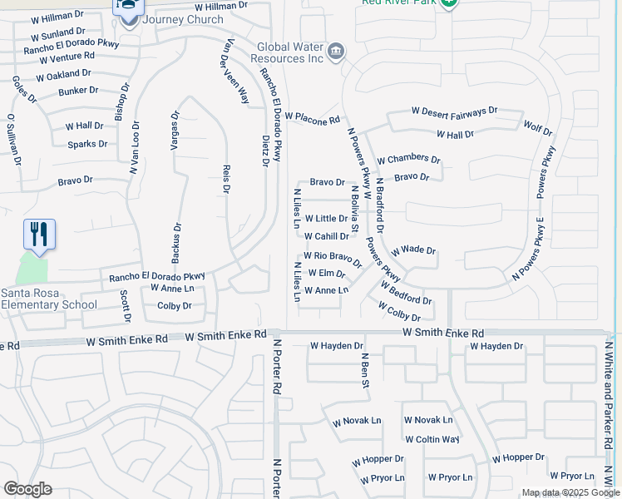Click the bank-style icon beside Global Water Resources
[335, 52]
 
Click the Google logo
[27, 489]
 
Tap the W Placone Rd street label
[313, 119]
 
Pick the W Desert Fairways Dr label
[454, 110]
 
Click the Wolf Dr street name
[537, 129]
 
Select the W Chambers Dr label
[408, 159]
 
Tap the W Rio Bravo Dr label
[333, 259]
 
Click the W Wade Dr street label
[413, 249]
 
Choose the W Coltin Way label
[432, 439]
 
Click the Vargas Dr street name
[175, 131]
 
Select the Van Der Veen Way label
[234, 71]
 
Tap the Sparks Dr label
[88, 144]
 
